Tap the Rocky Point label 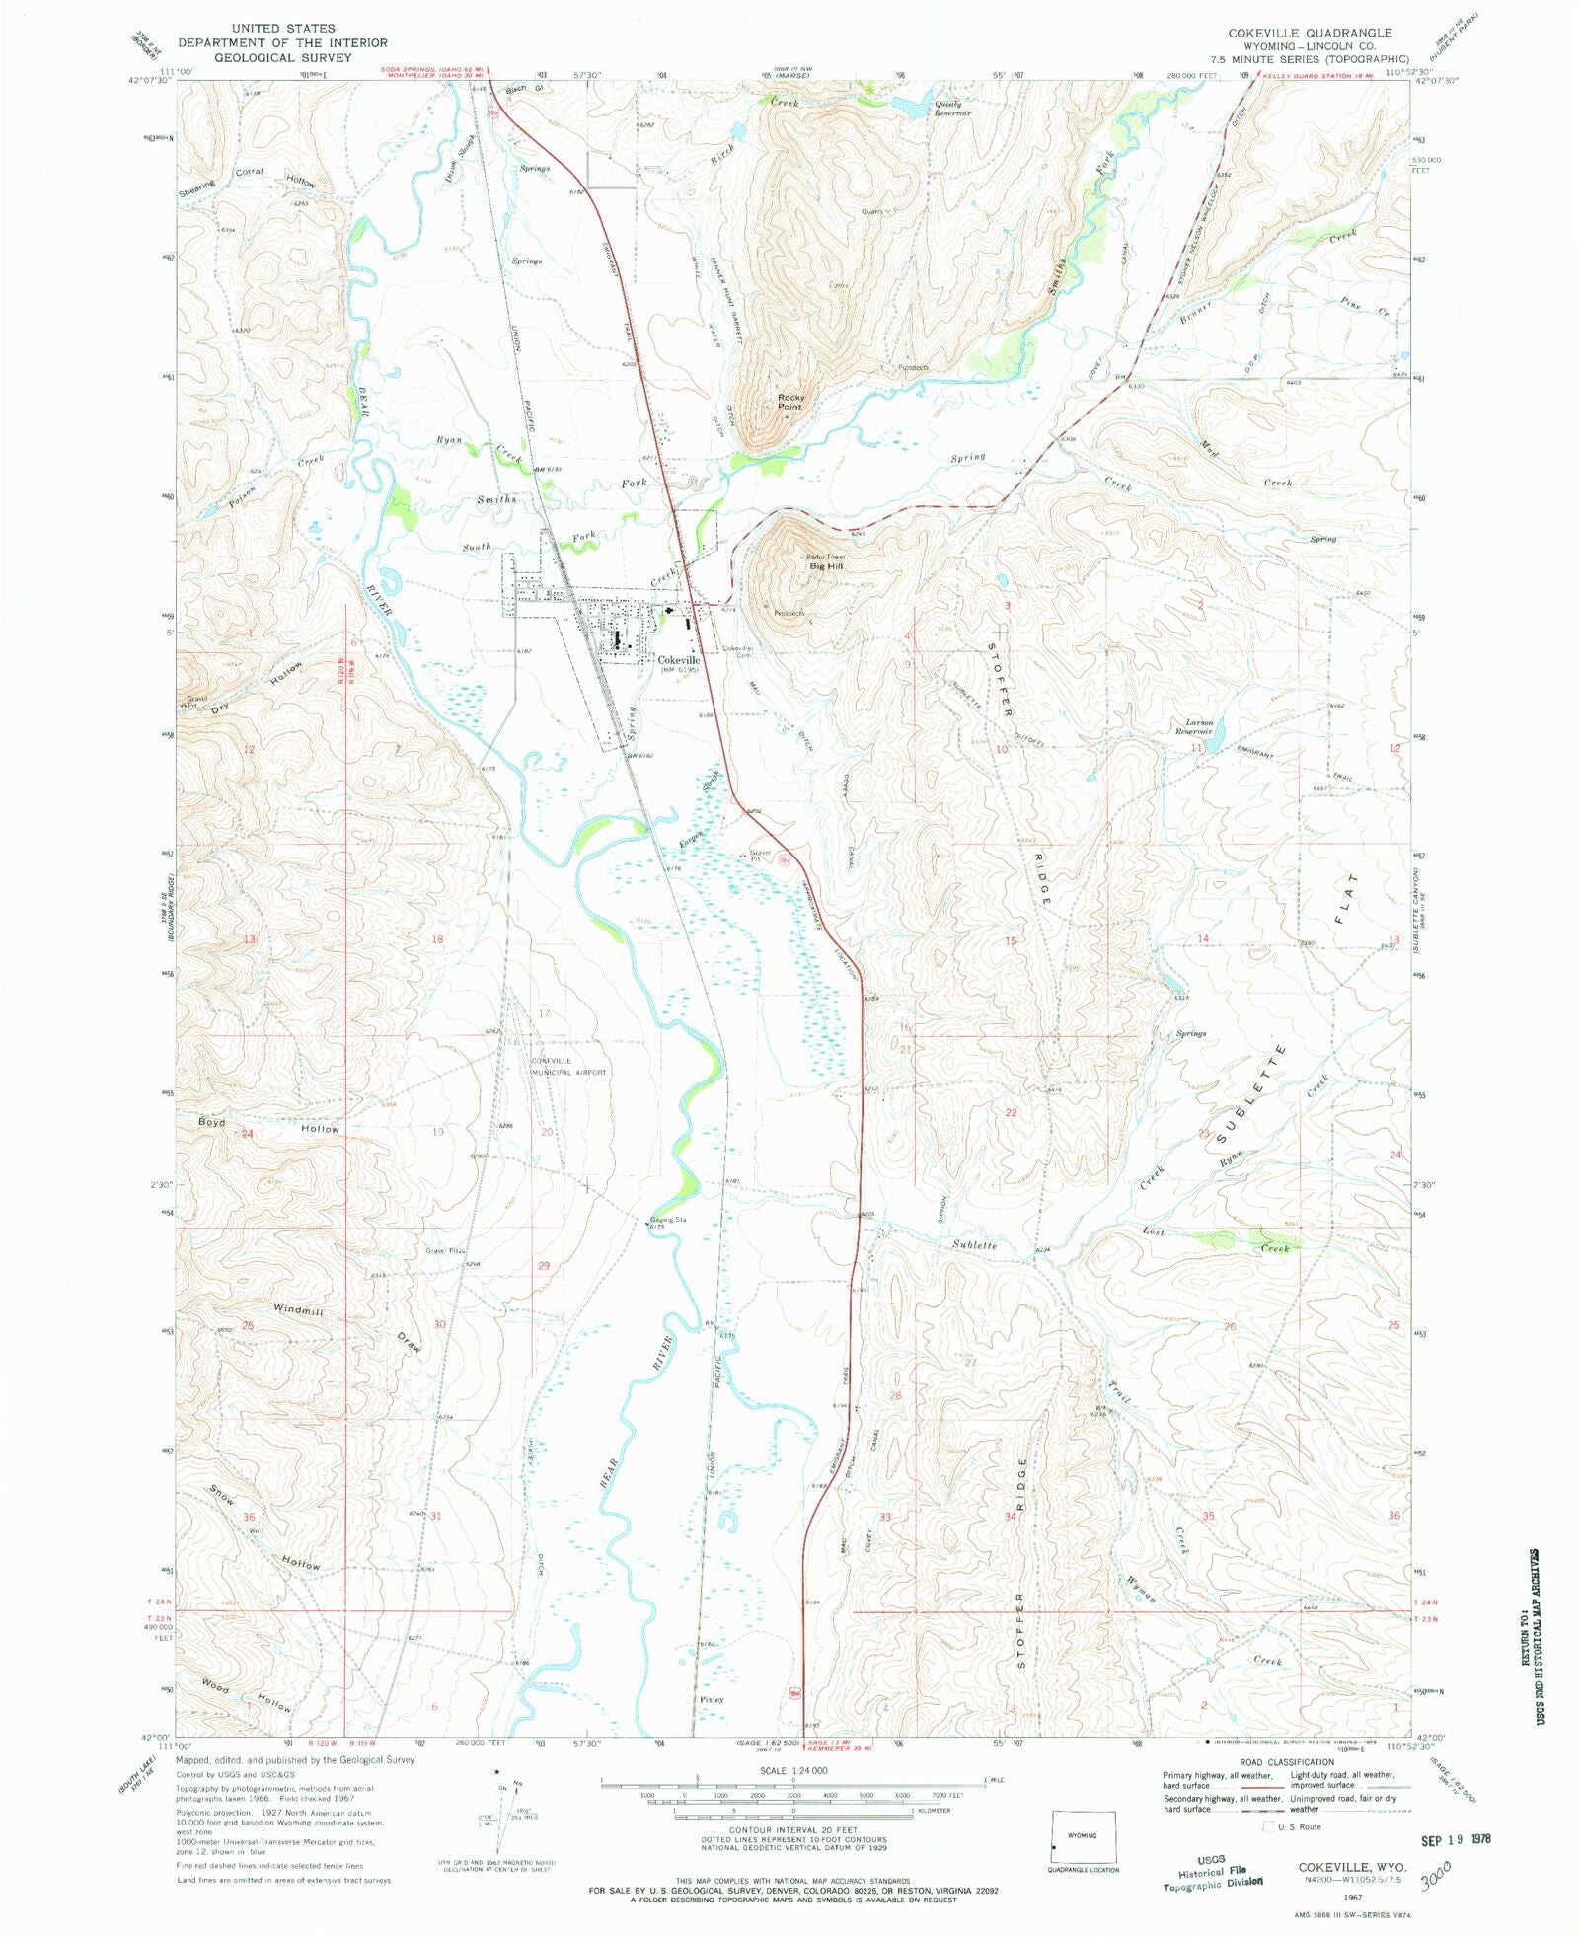pos(789,402)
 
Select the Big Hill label pos(826,566)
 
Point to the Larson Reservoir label pos(1193,727)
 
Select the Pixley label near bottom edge pos(712,1699)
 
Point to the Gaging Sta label pos(668,1220)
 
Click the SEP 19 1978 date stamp pos(1456,1839)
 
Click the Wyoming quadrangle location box pos(1084,1838)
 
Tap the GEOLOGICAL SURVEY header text pos(282,57)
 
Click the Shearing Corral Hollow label pos(249,179)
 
